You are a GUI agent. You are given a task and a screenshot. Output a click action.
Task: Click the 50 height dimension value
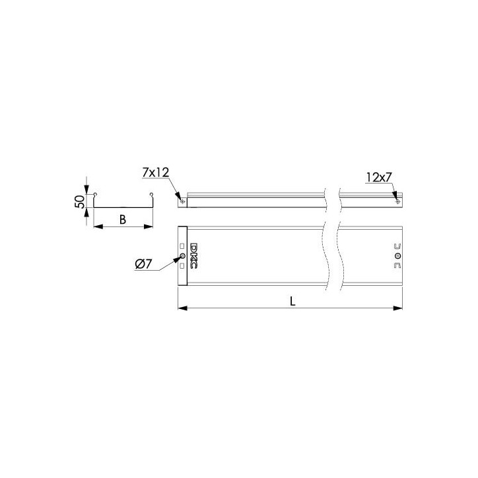coord(79,202)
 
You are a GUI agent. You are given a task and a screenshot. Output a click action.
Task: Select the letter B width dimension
coord(123,219)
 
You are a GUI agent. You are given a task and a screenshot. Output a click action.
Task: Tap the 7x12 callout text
coord(155,172)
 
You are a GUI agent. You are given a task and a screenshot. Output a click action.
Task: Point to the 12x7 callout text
coord(378,177)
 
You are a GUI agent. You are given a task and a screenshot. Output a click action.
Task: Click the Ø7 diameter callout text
coord(143,264)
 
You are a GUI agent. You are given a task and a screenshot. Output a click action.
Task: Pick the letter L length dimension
coord(292,302)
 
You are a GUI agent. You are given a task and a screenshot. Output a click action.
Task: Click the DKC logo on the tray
coord(193,256)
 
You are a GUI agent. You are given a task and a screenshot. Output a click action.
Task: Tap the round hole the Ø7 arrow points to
coord(182,256)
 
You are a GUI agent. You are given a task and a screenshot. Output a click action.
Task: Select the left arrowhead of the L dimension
coord(182,308)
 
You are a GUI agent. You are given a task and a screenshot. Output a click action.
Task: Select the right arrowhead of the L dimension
coord(398,308)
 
